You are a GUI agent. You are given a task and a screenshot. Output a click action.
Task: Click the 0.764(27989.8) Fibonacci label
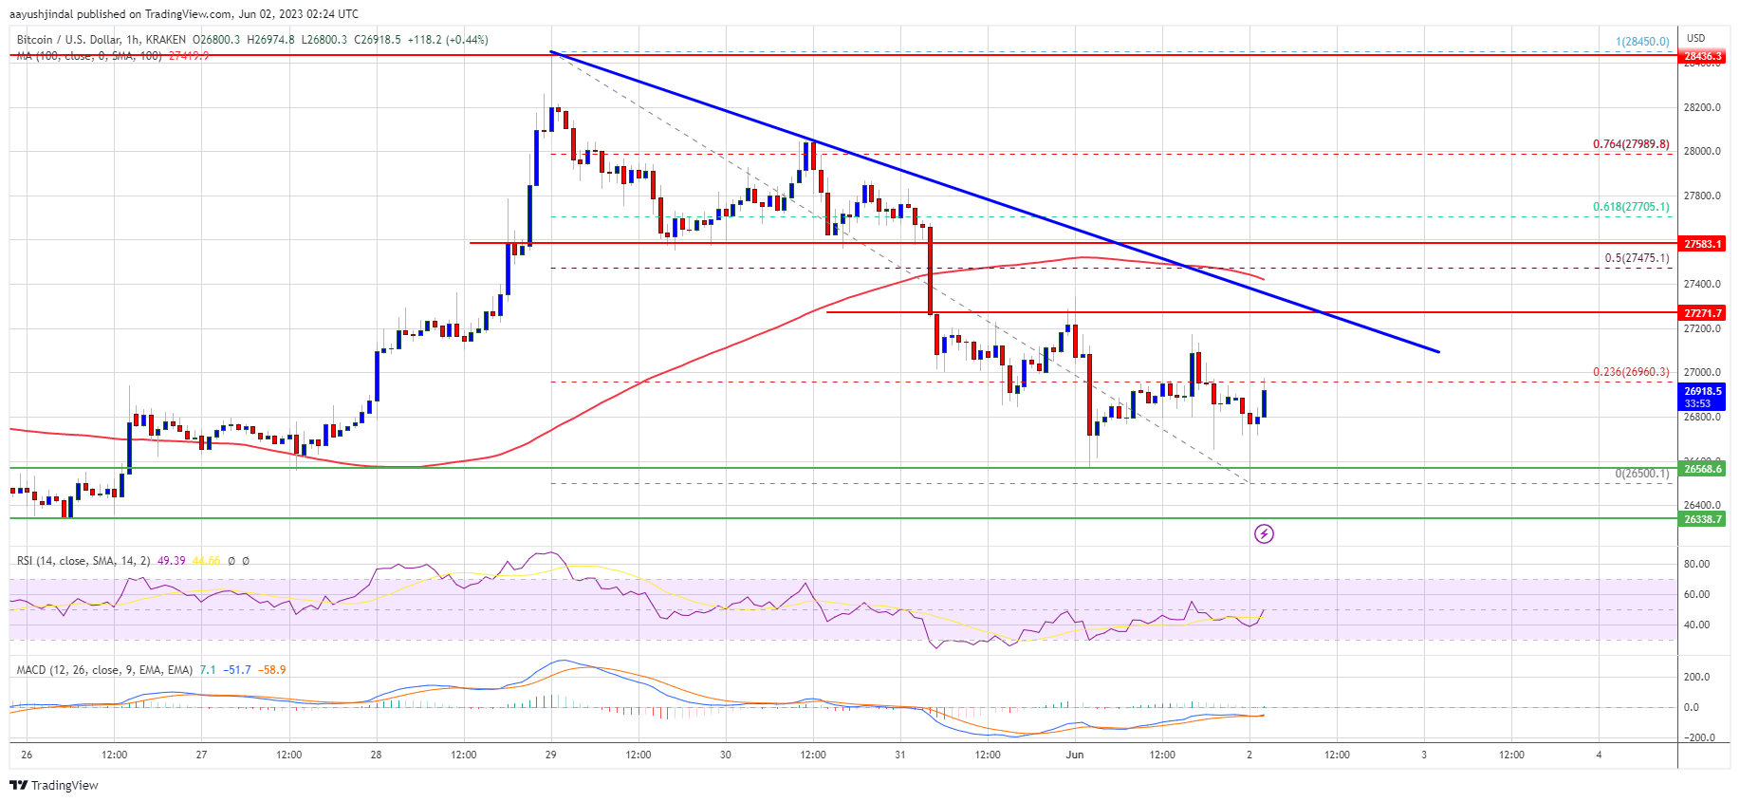pos(1630,144)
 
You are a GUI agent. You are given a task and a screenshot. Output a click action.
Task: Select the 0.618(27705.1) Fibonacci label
pos(1630,207)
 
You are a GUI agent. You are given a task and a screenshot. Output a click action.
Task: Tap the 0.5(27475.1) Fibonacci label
pos(1636,258)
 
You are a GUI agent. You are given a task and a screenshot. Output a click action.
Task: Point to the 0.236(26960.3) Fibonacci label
pos(1630,372)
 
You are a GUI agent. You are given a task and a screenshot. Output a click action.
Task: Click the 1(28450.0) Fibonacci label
pos(1641,42)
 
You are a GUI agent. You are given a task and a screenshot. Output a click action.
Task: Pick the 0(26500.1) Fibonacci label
pos(1641,474)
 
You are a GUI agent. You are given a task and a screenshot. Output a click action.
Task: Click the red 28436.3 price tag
pos(1702,57)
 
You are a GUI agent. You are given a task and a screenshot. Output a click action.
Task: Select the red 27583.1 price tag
pos(1702,244)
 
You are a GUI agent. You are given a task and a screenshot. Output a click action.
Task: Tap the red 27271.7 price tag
pos(1702,313)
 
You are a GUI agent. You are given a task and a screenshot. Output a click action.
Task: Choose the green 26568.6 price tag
pos(1702,469)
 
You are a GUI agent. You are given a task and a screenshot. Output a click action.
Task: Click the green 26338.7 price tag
pos(1702,519)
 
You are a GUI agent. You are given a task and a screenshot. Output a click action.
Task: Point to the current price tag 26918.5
pos(1702,391)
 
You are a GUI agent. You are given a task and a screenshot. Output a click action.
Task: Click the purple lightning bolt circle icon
pos(1264,534)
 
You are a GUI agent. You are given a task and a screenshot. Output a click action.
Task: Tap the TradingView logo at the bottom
pos(54,786)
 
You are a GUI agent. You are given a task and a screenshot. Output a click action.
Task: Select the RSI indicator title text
pos(83,561)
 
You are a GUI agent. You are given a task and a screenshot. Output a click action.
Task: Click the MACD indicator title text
pos(104,670)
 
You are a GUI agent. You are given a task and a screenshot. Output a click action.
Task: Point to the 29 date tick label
pos(551,755)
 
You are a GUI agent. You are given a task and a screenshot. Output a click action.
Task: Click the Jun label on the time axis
pos(1075,755)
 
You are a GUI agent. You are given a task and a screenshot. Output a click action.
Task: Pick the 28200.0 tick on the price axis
pos(1702,107)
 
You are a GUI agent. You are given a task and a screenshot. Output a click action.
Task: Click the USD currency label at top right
pos(1695,39)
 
